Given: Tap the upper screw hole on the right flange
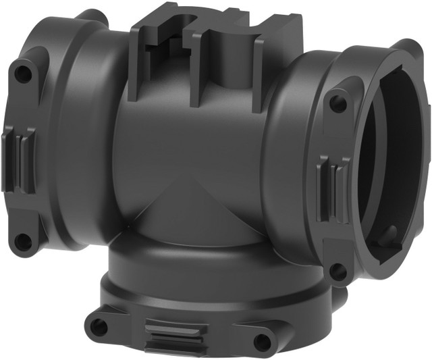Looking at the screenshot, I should pos(338,104).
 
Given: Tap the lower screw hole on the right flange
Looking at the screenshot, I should pos(337,271).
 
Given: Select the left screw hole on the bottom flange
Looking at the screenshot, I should pos(99,326).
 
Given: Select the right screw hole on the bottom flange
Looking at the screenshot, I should pos(262,342).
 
